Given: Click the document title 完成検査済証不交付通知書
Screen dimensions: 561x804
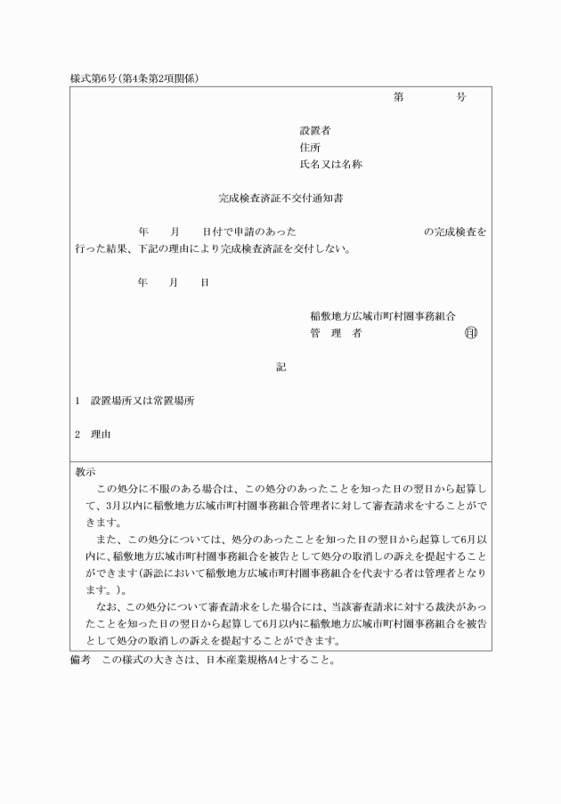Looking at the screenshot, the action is coord(281,199).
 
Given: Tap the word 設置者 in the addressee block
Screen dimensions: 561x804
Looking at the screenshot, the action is coord(315,131).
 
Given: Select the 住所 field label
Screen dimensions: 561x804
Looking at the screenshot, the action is coord(310,148).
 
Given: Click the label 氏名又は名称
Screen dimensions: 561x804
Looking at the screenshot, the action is coord(330,165).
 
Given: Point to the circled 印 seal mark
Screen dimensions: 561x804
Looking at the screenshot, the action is coord(470,334).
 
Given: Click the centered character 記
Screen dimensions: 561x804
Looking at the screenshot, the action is coord(280,367).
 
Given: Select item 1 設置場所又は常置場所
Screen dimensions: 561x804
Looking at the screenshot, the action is coord(142,401).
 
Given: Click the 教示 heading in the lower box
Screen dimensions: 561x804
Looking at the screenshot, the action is coord(86,472).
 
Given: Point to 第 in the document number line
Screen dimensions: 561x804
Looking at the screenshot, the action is coord(399,97).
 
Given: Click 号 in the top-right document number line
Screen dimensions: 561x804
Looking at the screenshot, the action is coord(460,97).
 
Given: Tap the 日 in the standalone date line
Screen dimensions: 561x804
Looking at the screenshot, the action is coord(205,282).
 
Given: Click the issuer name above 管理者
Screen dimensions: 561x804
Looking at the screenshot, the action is coord(383,316).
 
